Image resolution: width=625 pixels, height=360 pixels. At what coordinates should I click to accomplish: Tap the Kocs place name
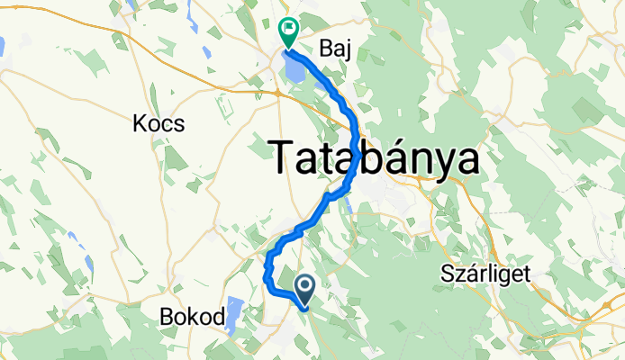coord(158,122)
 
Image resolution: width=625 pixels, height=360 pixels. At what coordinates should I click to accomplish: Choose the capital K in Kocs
coord(140,122)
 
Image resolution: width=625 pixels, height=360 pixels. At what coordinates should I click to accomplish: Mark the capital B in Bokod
coord(167,316)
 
